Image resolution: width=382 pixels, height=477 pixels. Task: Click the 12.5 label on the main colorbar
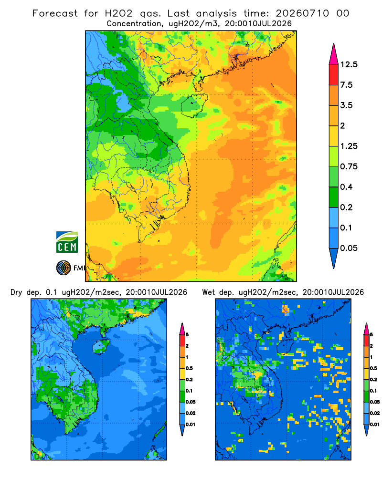pos(349,64)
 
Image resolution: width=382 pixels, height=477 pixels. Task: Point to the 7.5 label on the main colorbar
pos(346,85)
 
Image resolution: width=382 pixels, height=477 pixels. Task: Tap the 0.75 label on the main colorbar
pos(349,166)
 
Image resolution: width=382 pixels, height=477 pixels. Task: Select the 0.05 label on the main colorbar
pos(349,248)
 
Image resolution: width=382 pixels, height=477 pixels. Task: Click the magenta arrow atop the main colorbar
pos(334,55)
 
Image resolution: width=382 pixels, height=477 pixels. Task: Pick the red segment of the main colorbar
pos(334,75)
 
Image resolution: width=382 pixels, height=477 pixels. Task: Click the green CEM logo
pos(67,242)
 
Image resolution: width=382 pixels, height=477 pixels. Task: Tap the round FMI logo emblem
pos(64,268)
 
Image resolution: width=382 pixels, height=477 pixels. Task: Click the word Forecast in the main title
pos(55,13)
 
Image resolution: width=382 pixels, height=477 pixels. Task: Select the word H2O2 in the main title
pos(119,13)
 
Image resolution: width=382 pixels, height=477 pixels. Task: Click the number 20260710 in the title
pos(302,13)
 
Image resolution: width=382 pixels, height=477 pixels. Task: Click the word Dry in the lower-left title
pos(16,293)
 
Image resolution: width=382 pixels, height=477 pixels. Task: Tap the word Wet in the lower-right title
pos(209,292)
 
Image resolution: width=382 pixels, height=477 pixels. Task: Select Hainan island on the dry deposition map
pos(101,347)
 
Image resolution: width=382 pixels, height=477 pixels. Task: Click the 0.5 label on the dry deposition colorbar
pos(189,368)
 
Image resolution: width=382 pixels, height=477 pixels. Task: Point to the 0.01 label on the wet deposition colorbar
pos(374,425)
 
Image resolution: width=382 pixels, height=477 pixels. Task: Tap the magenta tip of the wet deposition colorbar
pos(366,329)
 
